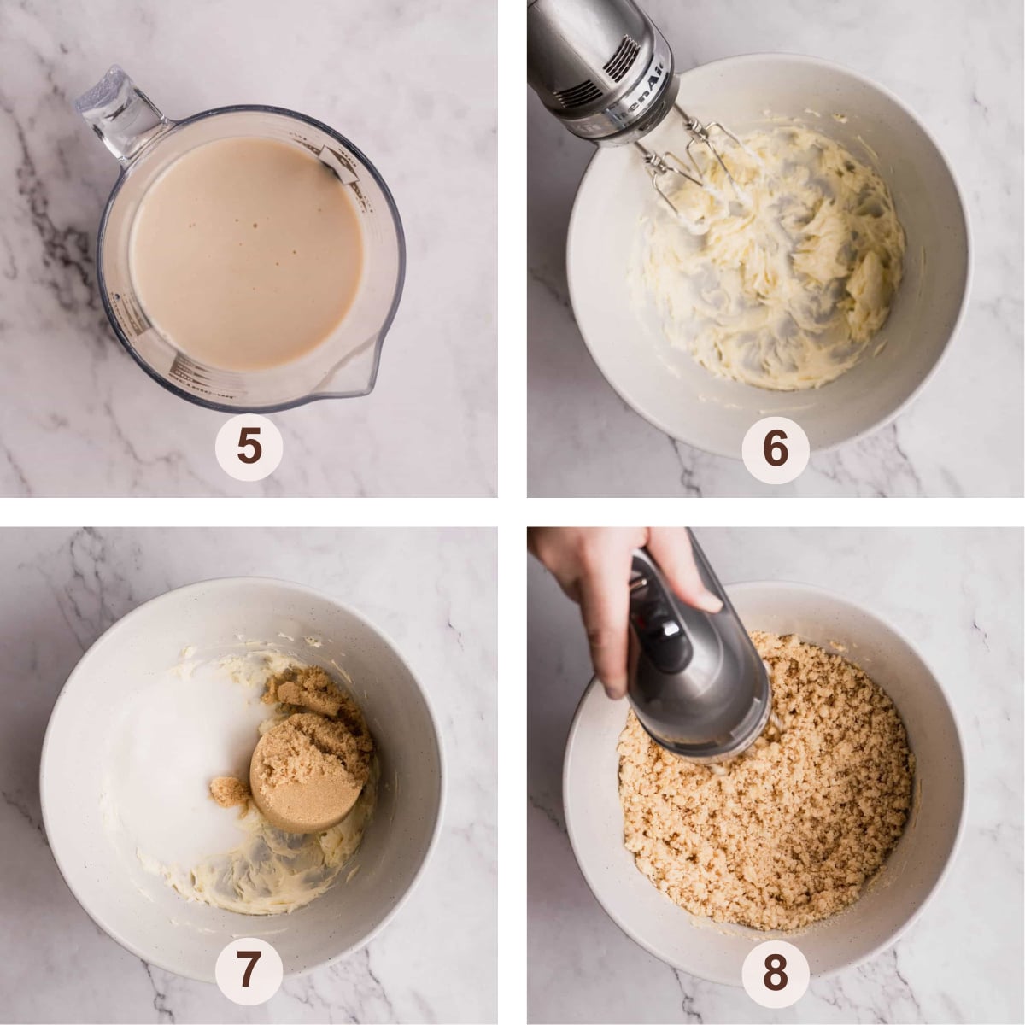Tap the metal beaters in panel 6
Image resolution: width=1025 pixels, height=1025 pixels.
point(692,171)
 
